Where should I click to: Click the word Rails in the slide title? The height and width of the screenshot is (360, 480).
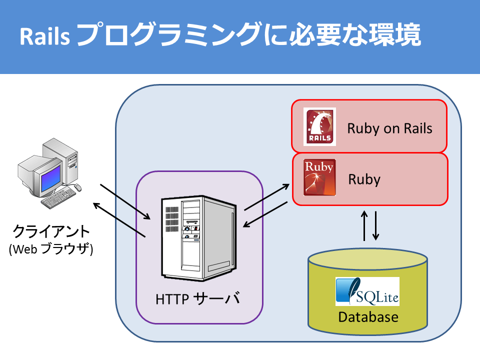pos(44,36)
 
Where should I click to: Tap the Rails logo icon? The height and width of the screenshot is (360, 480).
pos(319,126)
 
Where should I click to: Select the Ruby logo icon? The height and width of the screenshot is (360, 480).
pos(319,177)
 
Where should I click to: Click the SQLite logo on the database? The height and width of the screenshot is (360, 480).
pos(367,291)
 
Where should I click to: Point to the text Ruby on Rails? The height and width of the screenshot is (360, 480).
pos(389,128)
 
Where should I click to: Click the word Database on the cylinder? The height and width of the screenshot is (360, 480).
pos(368,317)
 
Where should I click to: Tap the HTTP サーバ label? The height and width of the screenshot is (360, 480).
pos(197,298)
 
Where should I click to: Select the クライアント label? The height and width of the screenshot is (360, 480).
pos(51,231)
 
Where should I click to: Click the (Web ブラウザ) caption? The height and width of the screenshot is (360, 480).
pos(51,249)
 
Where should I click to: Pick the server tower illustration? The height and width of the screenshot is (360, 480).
pos(199,238)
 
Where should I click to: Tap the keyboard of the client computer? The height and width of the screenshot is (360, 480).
pos(58,198)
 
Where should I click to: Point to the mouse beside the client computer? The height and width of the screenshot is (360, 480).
pos(78,186)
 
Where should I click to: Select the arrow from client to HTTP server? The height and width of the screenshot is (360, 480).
pos(125,201)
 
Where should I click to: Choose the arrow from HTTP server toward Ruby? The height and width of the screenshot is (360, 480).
pos(266,197)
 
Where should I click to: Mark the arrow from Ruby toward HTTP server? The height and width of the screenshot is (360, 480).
pos(265,214)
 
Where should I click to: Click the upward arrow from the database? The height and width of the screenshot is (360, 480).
pos(364,225)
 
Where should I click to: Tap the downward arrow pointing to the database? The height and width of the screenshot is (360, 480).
pos(375,226)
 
